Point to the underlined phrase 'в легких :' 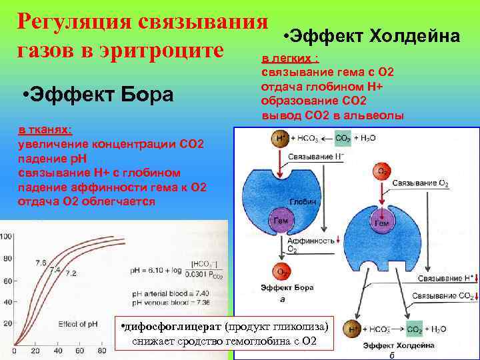[289, 58]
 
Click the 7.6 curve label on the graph [40, 263]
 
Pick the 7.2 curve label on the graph [71, 273]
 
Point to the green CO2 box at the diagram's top [343, 139]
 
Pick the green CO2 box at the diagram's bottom [415, 329]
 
